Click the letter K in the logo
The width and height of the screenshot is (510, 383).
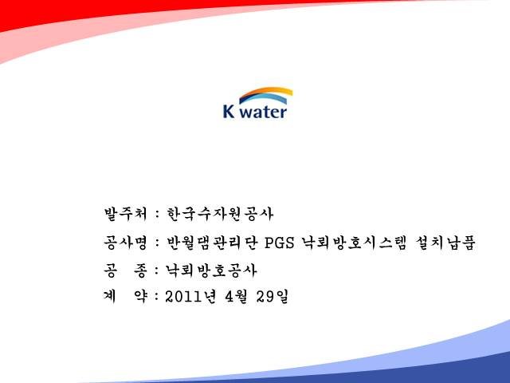tap(229, 111)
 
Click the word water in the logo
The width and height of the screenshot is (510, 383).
tap(264, 112)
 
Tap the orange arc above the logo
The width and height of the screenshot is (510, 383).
tap(266, 92)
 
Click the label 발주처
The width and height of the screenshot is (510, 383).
tap(125, 214)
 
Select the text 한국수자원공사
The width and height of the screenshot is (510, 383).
tap(220, 214)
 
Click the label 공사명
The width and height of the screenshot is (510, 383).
tap(125, 243)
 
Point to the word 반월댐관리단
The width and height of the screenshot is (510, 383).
tap(212, 243)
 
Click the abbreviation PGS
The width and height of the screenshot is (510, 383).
tap(280, 243)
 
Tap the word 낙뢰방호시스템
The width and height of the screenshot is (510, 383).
tap(354, 243)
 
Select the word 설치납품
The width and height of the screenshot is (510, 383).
tap(445, 243)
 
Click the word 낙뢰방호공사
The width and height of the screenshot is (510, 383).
tap(211, 270)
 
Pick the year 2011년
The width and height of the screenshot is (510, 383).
tap(190, 297)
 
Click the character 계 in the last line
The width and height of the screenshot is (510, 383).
tap(110, 297)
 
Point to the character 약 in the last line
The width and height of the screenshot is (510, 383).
tap(140, 297)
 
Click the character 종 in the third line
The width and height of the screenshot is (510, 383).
tap(140, 270)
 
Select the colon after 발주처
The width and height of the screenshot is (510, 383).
tap(158, 215)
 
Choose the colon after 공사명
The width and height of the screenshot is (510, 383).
tap(158, 243)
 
